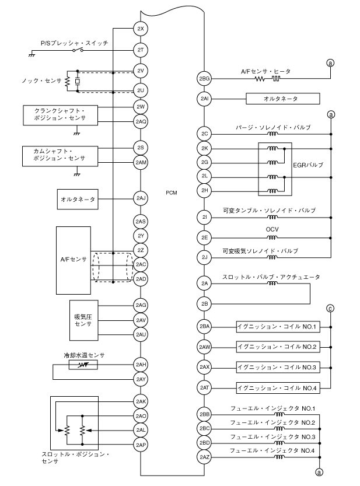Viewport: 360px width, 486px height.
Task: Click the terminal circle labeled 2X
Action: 141,29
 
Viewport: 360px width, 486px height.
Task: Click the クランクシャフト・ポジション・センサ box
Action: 56,114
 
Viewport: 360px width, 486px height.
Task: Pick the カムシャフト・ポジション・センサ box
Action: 56,154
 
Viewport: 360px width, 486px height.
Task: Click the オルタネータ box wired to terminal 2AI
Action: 284,99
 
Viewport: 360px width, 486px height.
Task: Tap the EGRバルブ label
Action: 307,165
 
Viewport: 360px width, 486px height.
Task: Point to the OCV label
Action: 271,229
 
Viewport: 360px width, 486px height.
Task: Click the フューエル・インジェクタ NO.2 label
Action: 272,422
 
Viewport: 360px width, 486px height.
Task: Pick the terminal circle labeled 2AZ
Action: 204,456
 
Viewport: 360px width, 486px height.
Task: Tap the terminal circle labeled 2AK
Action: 141,402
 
